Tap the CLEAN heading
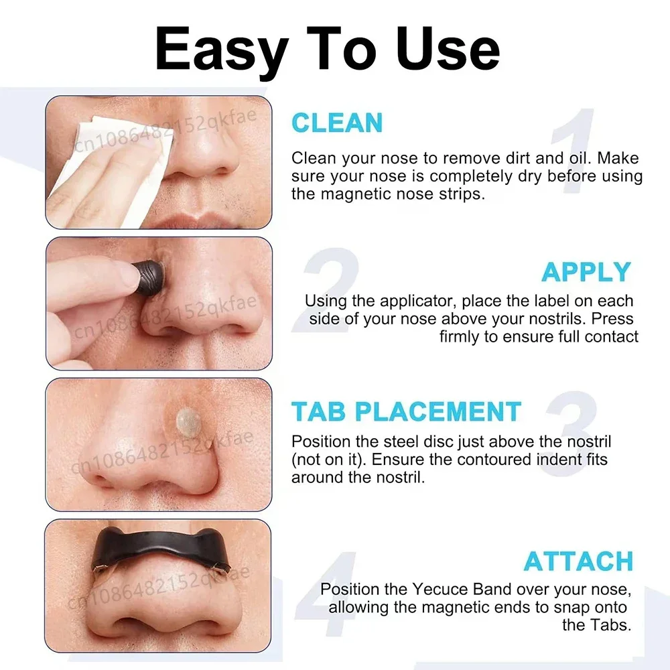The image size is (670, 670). [337, 123]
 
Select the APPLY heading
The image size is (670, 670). [586, 272]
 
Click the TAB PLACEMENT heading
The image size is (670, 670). [406, 411]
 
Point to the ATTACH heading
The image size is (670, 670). [578, 561]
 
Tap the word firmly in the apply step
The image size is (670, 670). [460, 336]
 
